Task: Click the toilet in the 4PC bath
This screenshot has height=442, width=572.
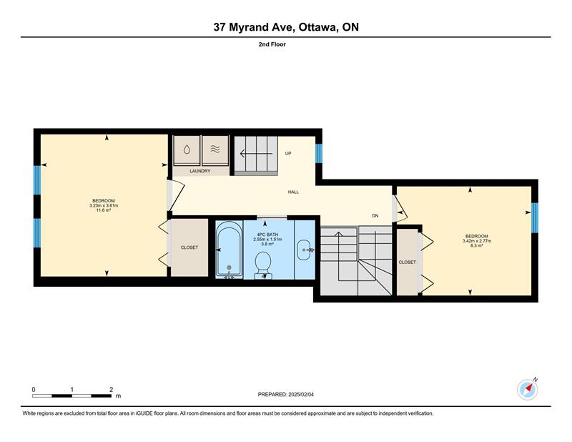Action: click(262, 265)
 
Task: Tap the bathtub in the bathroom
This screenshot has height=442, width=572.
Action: click(229, 250)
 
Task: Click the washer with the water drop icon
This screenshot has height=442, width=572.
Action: click(187, 150)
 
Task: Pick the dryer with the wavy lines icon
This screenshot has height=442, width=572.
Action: click(215, 149)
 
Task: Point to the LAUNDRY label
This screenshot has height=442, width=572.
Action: click(200, 171)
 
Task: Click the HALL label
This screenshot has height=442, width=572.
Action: click(293, 192)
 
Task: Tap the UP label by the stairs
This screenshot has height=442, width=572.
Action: click(288, 154)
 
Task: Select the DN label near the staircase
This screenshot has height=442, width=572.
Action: click(375, 216)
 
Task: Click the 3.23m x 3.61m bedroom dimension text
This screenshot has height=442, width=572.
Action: click(104, 205)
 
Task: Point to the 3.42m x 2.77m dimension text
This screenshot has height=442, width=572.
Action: click(477, 241)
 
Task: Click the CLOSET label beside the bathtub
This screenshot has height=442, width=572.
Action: click(189, 247)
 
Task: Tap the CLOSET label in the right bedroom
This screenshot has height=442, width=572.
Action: click(407, 262)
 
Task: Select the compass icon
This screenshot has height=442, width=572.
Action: click(528, 390)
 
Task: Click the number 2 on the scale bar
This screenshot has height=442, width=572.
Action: click(111, 390)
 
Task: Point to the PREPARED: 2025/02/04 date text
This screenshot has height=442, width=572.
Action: click(285, 395)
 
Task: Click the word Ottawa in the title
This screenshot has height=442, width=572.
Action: click(317, 27)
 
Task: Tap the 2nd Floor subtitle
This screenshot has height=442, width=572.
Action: click(272, 44)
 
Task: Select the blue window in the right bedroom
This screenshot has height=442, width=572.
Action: click(534, 217)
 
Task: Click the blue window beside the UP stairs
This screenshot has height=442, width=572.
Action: click(318, 153)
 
